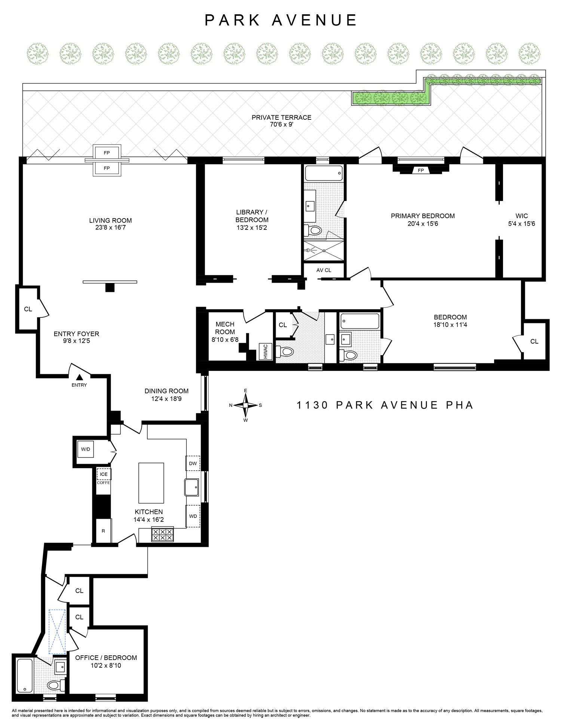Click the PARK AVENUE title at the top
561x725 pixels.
pos(280,20)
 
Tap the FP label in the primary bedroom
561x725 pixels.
pos(421,170)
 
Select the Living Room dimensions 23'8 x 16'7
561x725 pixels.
pos(110,228)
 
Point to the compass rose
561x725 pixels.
pos(246,405)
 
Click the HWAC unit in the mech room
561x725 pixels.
pos(266,351)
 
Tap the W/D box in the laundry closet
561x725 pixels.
pos(86,449)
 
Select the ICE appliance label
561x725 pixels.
pos(104,474)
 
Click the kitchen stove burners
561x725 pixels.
pos(162,534)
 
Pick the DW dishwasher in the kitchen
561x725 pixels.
pos(193,463)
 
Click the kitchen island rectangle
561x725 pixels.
pos(151,483)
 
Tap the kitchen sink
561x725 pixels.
pos(192,487)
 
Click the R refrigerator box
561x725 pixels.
pos(104,531)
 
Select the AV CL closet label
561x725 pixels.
pos(324,270)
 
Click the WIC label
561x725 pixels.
pos(521,216)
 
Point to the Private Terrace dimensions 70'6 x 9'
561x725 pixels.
pos(281,124)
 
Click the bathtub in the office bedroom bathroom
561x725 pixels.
pos(25,676)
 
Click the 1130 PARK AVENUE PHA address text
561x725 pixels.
pos(384,405)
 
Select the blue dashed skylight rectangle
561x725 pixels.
pos(57,632)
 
